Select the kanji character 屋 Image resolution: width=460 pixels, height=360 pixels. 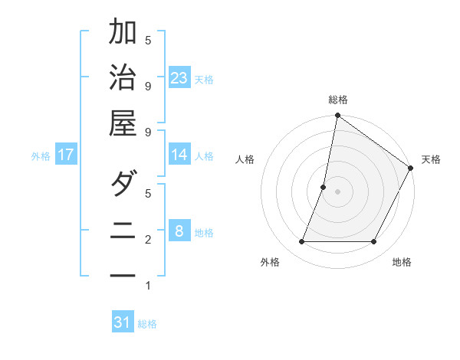tap(123, 123)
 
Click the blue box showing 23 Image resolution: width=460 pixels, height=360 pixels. tap(179, 78)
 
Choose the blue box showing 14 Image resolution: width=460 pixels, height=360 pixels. tap(179, 155)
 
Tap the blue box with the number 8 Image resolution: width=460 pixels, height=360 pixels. tap(179, 231)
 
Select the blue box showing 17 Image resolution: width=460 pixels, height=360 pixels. tap(66, 155)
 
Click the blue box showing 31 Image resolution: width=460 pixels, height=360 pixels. tap(123, 322)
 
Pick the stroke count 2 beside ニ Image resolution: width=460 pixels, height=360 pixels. tap(148, 240)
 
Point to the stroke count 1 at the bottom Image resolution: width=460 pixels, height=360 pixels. tap(148, 286)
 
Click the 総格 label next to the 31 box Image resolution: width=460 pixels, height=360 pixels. tap(147, 324)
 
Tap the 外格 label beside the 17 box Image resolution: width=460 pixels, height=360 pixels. tap(41, 156)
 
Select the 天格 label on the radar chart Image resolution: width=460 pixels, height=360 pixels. tap(431, 159)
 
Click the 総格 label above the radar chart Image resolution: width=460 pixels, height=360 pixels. tap(337, 100)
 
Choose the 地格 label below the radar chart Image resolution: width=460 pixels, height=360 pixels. tap(402, 263)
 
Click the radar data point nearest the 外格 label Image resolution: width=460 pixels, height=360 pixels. tap(302, 242)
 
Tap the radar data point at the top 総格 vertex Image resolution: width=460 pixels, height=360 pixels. tap(337, 116)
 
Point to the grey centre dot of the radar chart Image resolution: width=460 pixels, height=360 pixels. tap(337, 192)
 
